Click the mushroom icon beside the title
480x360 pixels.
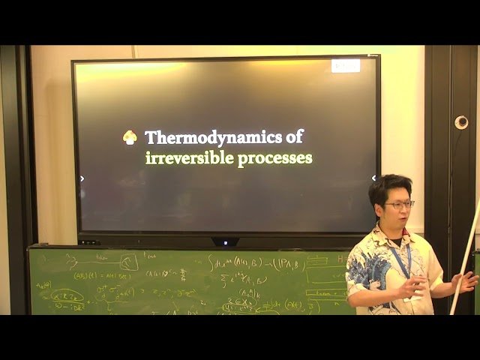pyautogui.click(x=130, y=137)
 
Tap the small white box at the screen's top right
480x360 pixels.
pyautogui.click(x=346, y=65)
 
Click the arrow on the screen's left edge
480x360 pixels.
pyautogui.click(x=82, y=178)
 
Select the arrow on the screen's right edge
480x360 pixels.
pyautogui.click(x=373, y=178)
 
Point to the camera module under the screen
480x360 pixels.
pyautogui.click(x=225, y=241)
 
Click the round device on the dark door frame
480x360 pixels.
pyautogui.click(x=460, y=122)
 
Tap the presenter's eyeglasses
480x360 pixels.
pyautogui.click(x=400, y=204)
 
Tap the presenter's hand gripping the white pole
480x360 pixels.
pyautogui.click(x=465, y=282)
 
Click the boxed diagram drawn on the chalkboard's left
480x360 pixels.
pyautogui.click(x=128, y=262)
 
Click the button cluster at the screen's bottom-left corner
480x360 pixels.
pyautogui.click(x=88, y=241)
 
